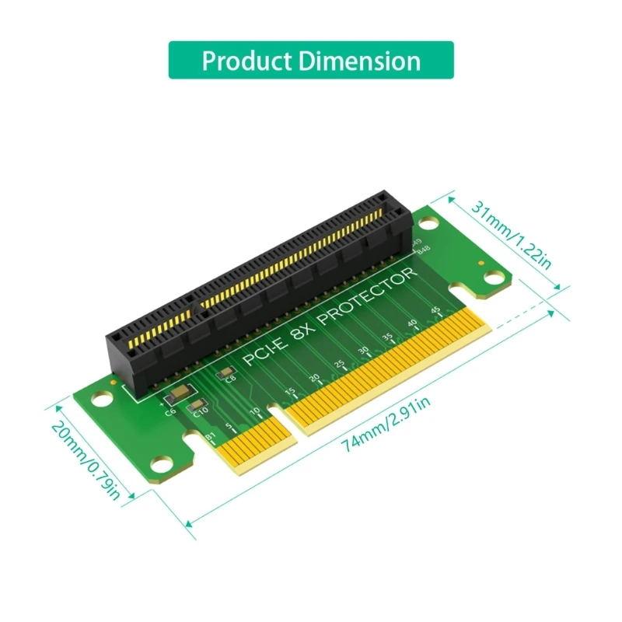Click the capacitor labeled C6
coord(176,393)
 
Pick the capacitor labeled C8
coord(227,376)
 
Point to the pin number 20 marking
coord(314,378)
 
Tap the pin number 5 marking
coord(229,427)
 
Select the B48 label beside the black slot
coord(423,250)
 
